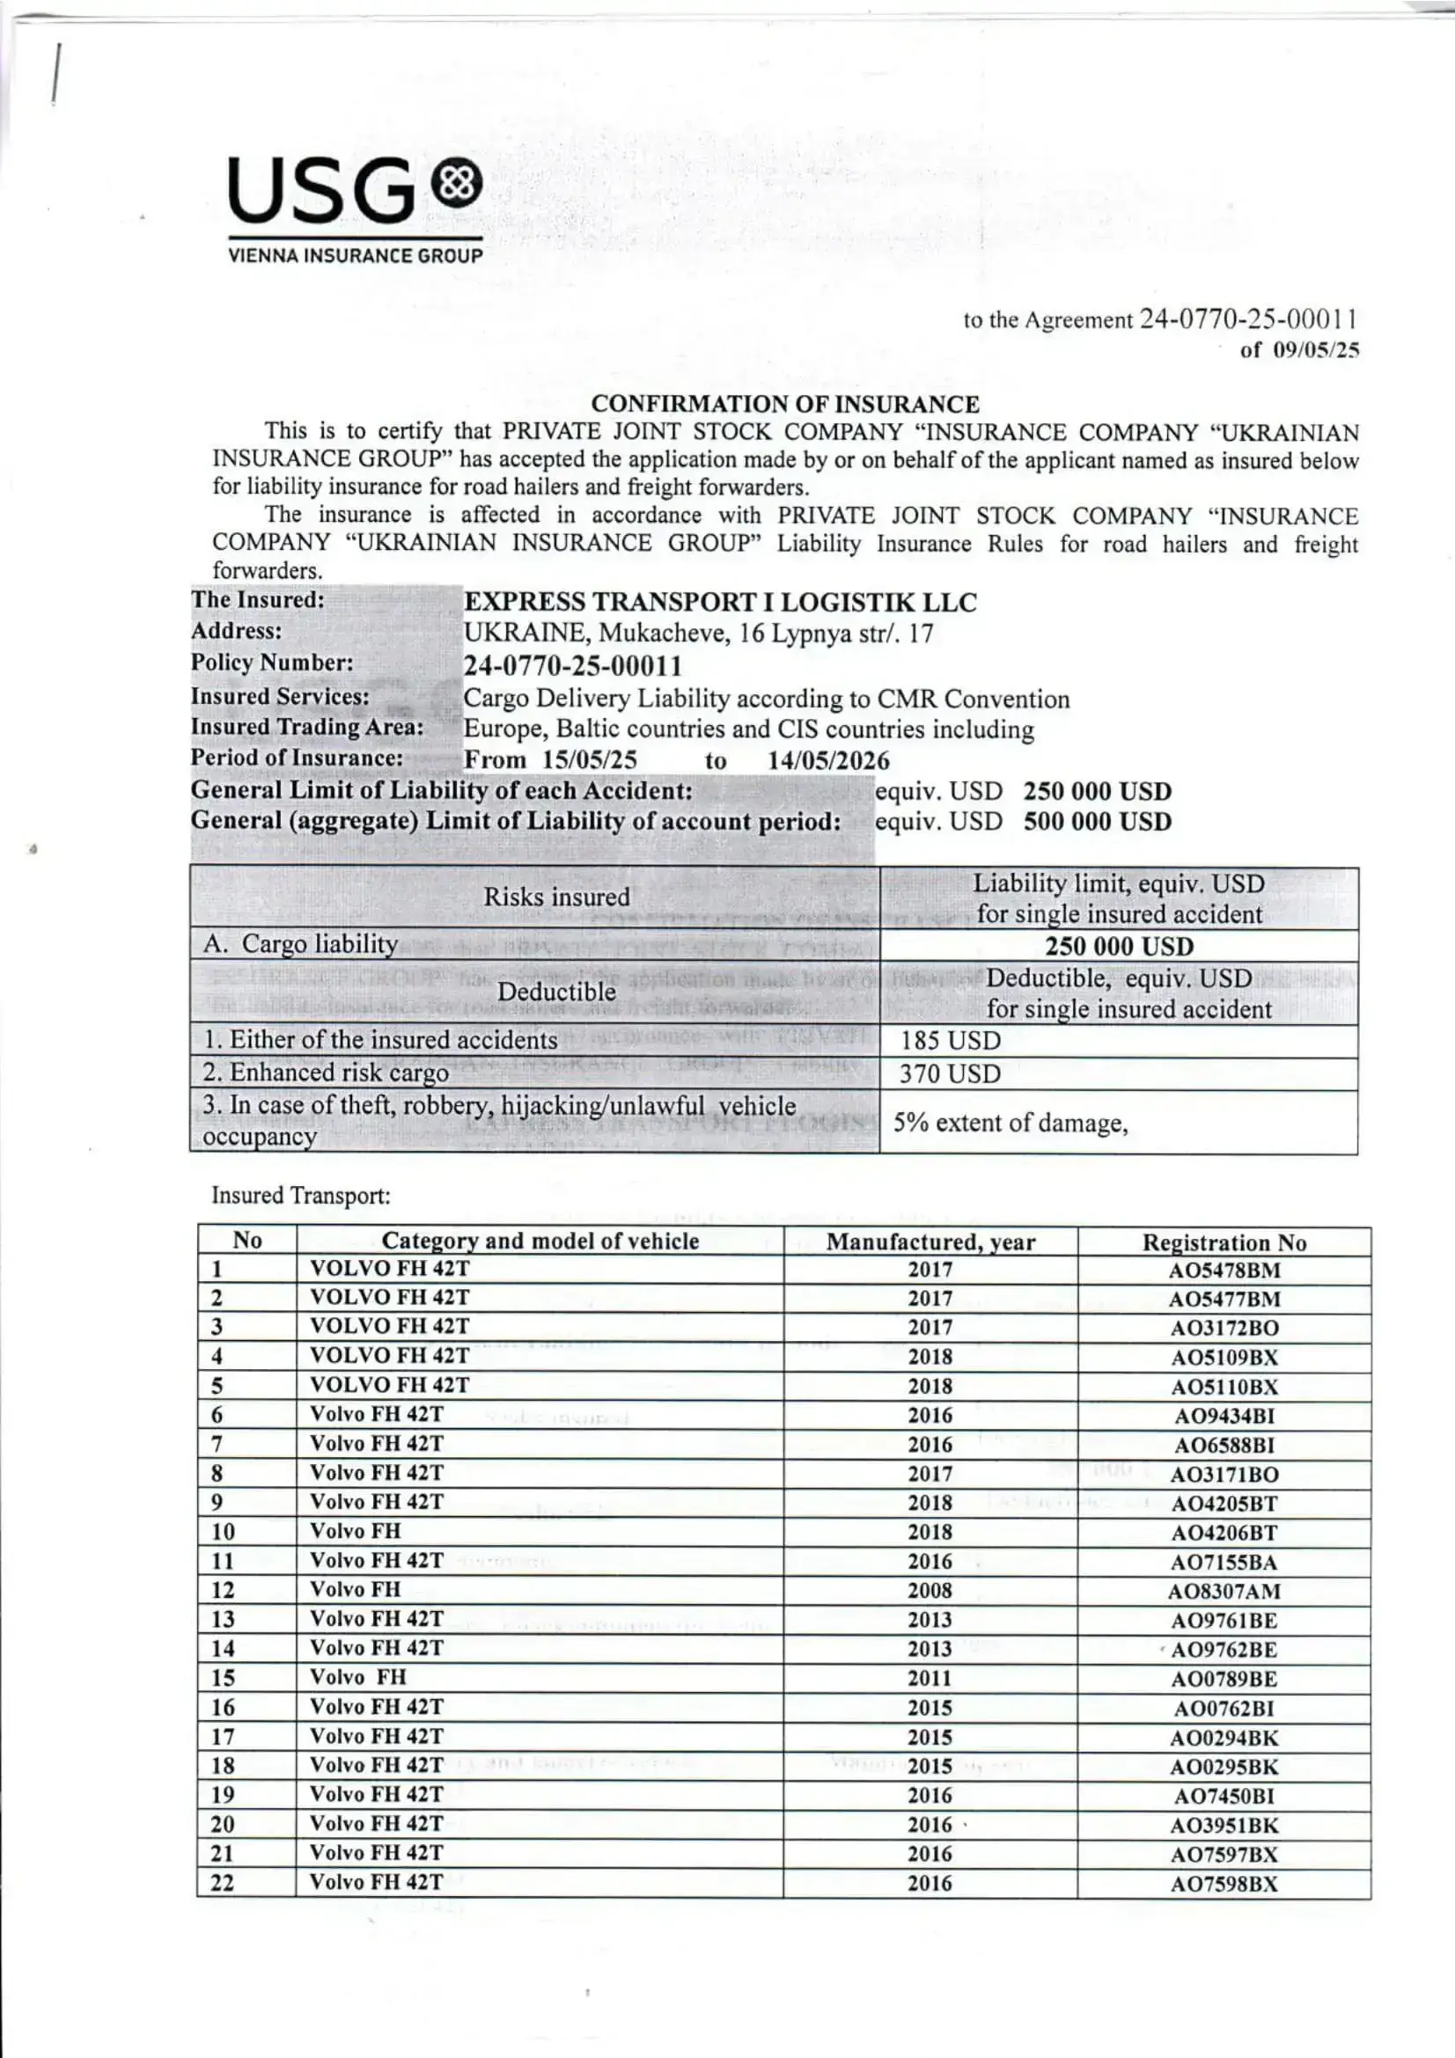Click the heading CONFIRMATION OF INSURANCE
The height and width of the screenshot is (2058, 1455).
784,404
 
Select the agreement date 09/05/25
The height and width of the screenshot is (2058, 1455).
1315,350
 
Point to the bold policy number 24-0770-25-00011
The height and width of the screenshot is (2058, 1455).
572,666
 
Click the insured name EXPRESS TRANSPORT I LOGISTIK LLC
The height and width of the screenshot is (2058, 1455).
719,603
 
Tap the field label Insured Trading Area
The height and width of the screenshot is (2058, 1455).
306,727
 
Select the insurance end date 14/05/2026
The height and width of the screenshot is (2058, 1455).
828,761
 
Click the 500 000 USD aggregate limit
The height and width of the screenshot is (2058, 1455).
1098,822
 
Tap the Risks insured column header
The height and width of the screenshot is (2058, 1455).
556,897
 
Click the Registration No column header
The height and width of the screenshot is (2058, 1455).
1224,1242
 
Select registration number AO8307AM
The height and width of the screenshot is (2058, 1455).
1224,1592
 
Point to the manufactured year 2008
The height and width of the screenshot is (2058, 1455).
930,1591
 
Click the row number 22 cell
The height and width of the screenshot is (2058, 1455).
223,1882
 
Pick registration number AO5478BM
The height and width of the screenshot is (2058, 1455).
1224,1271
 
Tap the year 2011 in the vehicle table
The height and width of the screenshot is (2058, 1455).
930,1679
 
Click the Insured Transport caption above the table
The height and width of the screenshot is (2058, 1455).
300,1196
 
